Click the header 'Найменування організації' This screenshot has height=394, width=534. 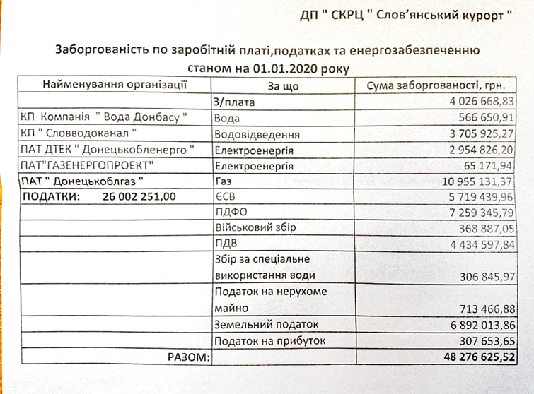click(115, 85)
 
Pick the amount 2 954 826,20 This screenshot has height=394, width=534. click(476, 150)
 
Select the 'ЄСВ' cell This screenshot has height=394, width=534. click(225, 197)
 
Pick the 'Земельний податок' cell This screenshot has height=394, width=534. click(266, 324)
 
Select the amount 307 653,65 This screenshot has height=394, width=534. click(487, 341)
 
